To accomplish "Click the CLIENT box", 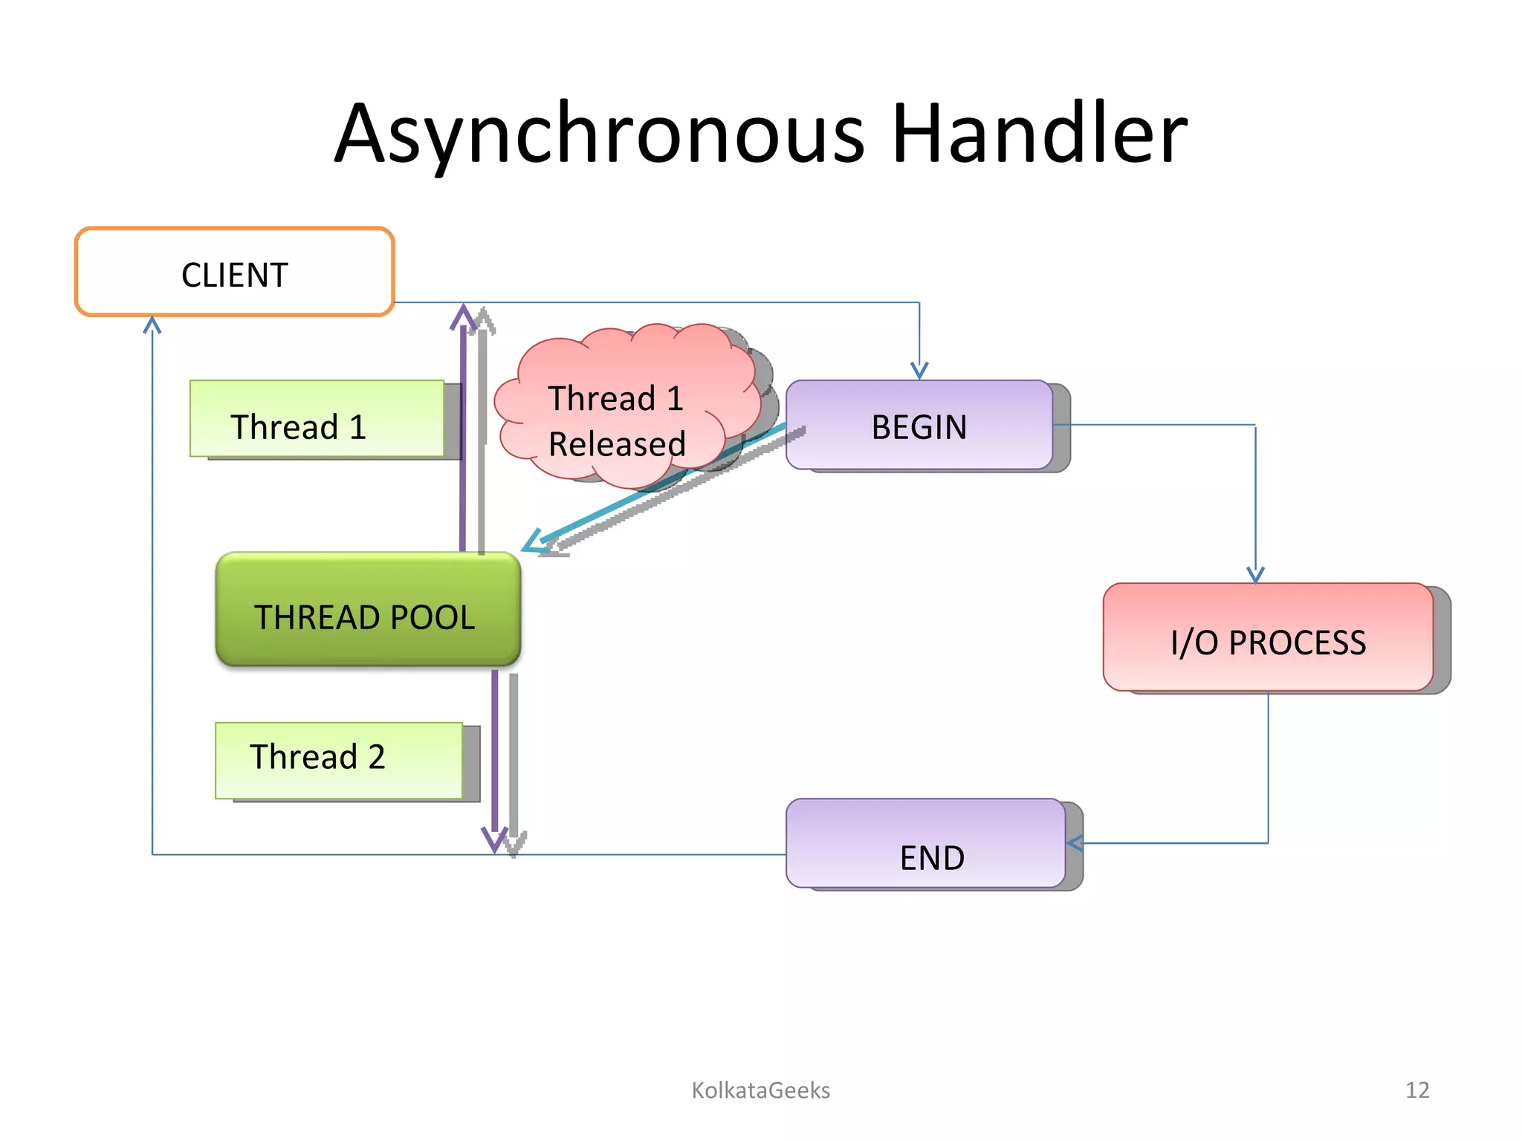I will click(x=234, y=273).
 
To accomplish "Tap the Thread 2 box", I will click(x=338, y=760).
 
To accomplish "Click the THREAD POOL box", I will click(x=368, y=609).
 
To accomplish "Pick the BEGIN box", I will click(x=919, y=425).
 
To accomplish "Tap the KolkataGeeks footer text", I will click(x=760, y=1090).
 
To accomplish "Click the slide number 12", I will click(x=1417, y=1090).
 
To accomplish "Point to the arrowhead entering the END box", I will click(x=1075, y=843).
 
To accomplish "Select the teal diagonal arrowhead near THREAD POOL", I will click(x=534, y=542).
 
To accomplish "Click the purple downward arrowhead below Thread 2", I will click(x=495, y=839).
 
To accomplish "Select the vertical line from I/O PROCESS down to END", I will click(x=1268, y=765).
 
